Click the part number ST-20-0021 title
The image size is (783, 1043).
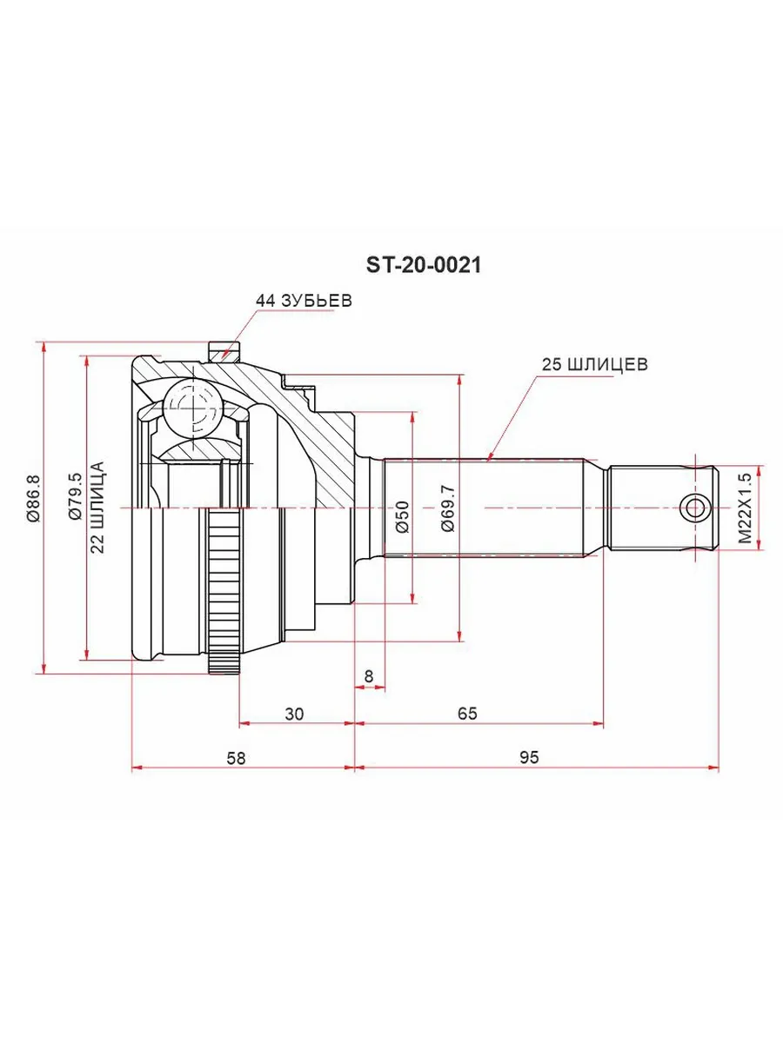click(423, 265)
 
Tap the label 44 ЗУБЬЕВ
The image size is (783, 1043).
click(304, 300)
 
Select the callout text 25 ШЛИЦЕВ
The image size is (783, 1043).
click(595, 364)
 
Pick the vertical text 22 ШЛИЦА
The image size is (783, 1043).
click(97, 507)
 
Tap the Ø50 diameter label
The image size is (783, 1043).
click(402, 516)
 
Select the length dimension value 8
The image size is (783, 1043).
click(368, 675)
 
